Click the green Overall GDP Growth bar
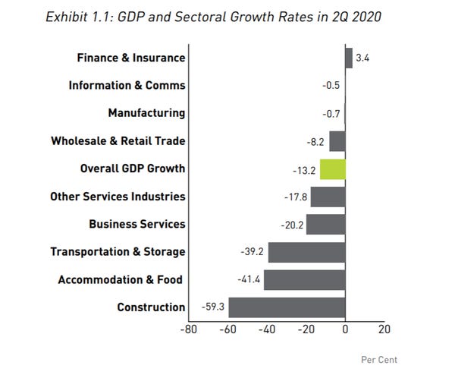333,169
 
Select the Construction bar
287,307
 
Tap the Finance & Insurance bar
349,58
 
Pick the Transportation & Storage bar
306,252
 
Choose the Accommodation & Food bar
304,280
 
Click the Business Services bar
325,225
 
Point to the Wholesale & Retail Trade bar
337,141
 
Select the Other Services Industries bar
328,197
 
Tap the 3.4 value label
362,58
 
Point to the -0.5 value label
331,86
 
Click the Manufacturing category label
146,113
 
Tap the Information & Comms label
127,86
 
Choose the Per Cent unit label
378,360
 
